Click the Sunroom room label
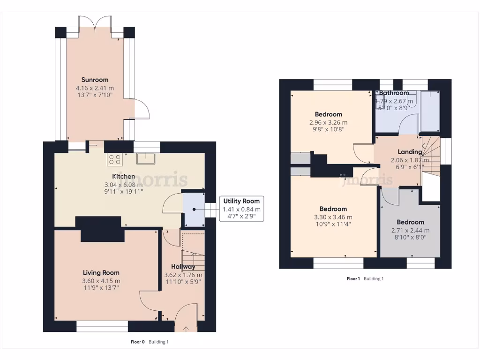tap(95, 80)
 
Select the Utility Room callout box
tap(242, 209)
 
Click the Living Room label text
tap(101, 273)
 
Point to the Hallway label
tap(183, 267)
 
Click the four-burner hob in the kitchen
tap(115, 160)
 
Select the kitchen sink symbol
tap(146, 158)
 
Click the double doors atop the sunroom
tap(95, 24)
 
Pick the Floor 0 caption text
tap(138, 342)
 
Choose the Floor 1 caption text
tap(353, 278)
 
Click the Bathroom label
tap(394, 93)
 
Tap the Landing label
tap(410, 152)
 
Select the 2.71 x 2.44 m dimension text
tap(410, 230)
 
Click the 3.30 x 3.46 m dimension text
tap(333, 217)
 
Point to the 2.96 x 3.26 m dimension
tap(328, 122)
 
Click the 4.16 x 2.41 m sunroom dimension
tap(95, 88)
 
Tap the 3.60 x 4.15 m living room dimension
tap(101, 281)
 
